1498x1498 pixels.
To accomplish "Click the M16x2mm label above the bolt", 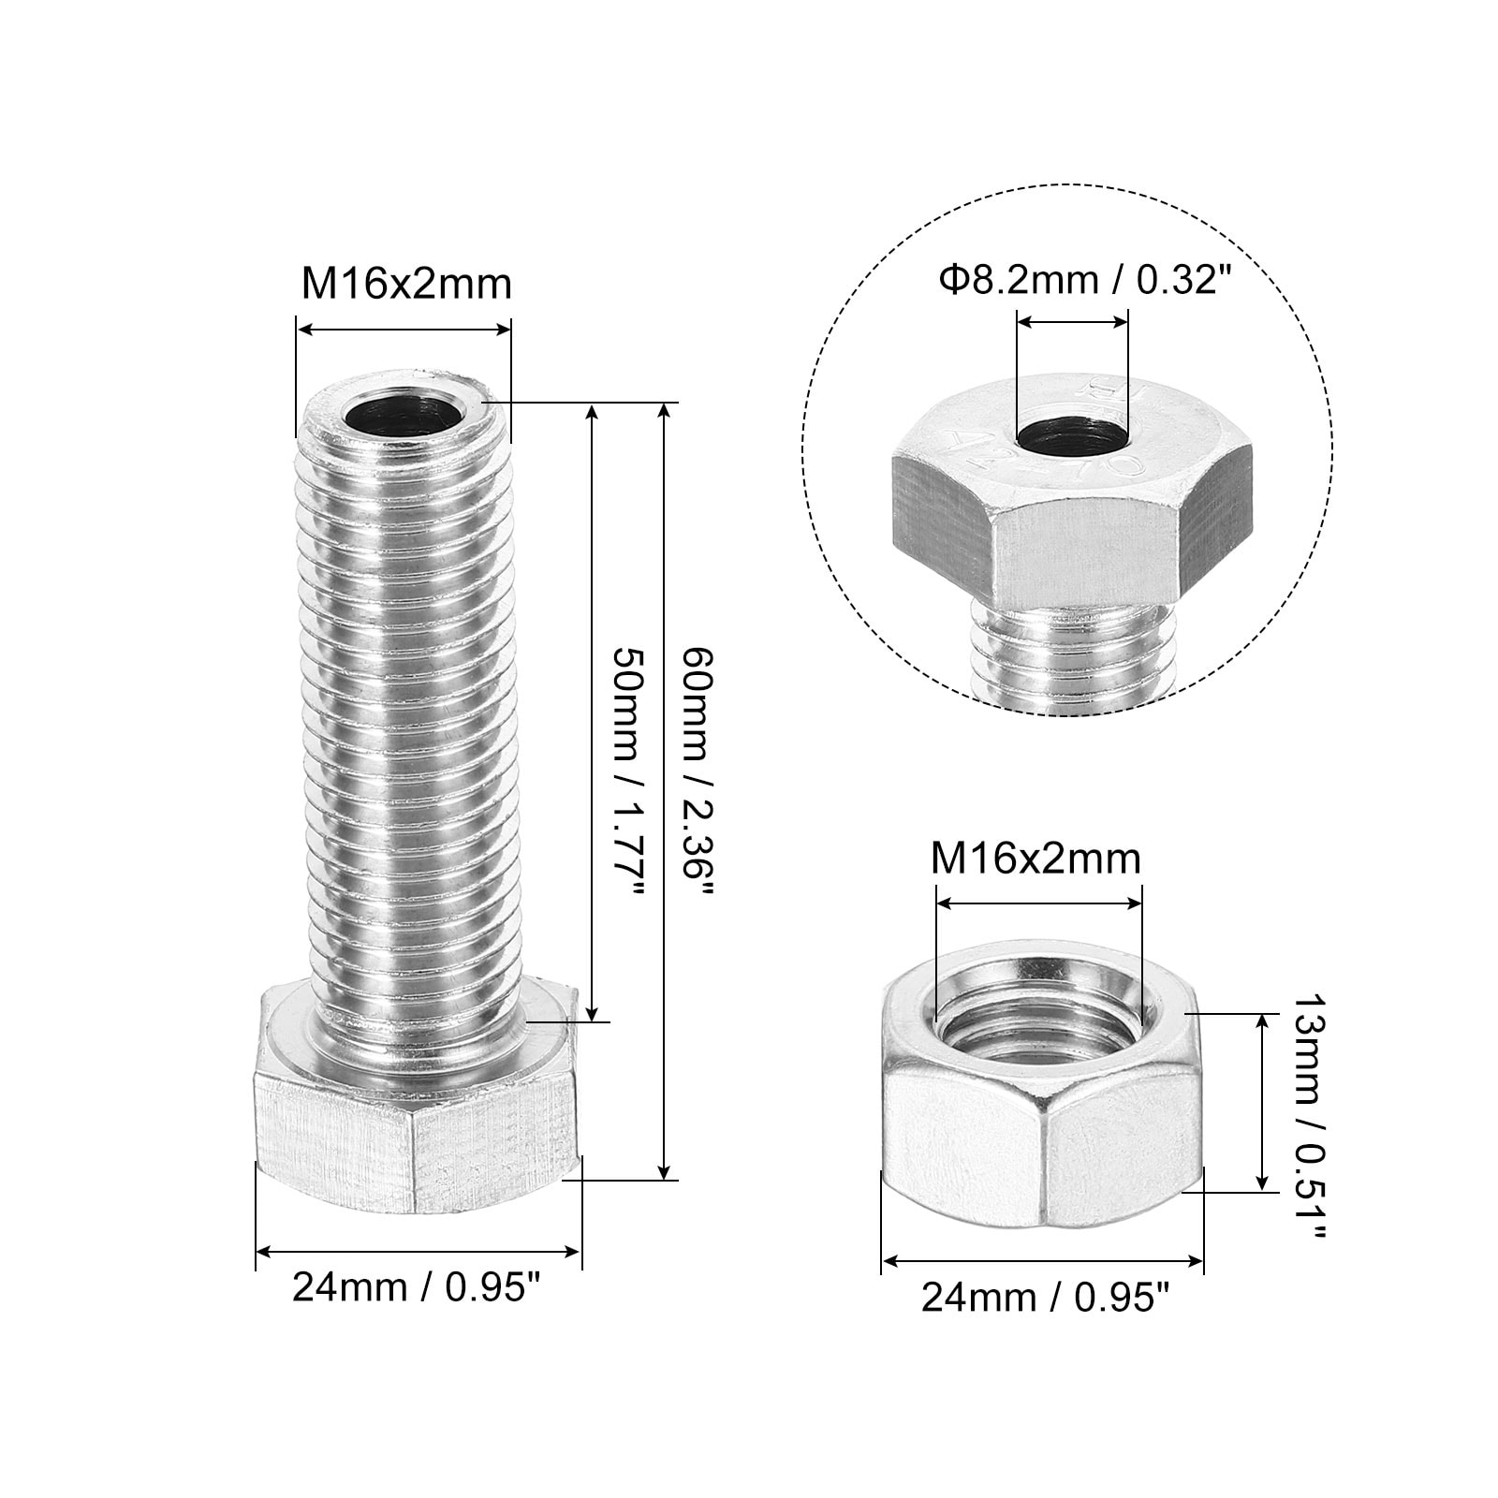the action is click(406, 284).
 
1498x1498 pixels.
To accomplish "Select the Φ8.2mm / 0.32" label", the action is click(1083, 279).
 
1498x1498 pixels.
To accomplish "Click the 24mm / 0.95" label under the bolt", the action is click(418, 1288).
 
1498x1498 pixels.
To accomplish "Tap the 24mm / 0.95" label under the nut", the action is click(1046, 1298).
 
